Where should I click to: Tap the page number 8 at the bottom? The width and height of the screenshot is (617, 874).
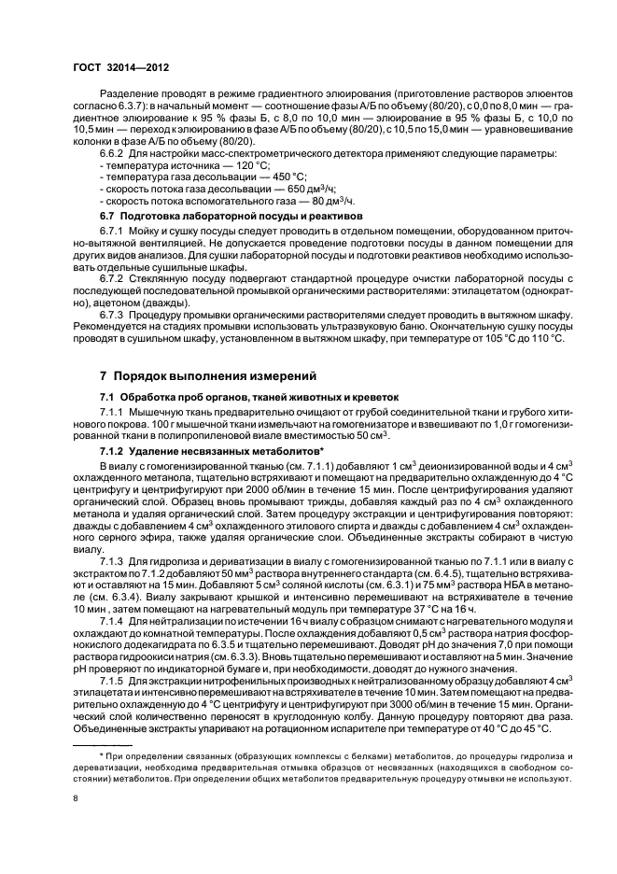(76, 798)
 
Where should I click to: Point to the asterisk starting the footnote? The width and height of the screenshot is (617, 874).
(102, 753)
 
